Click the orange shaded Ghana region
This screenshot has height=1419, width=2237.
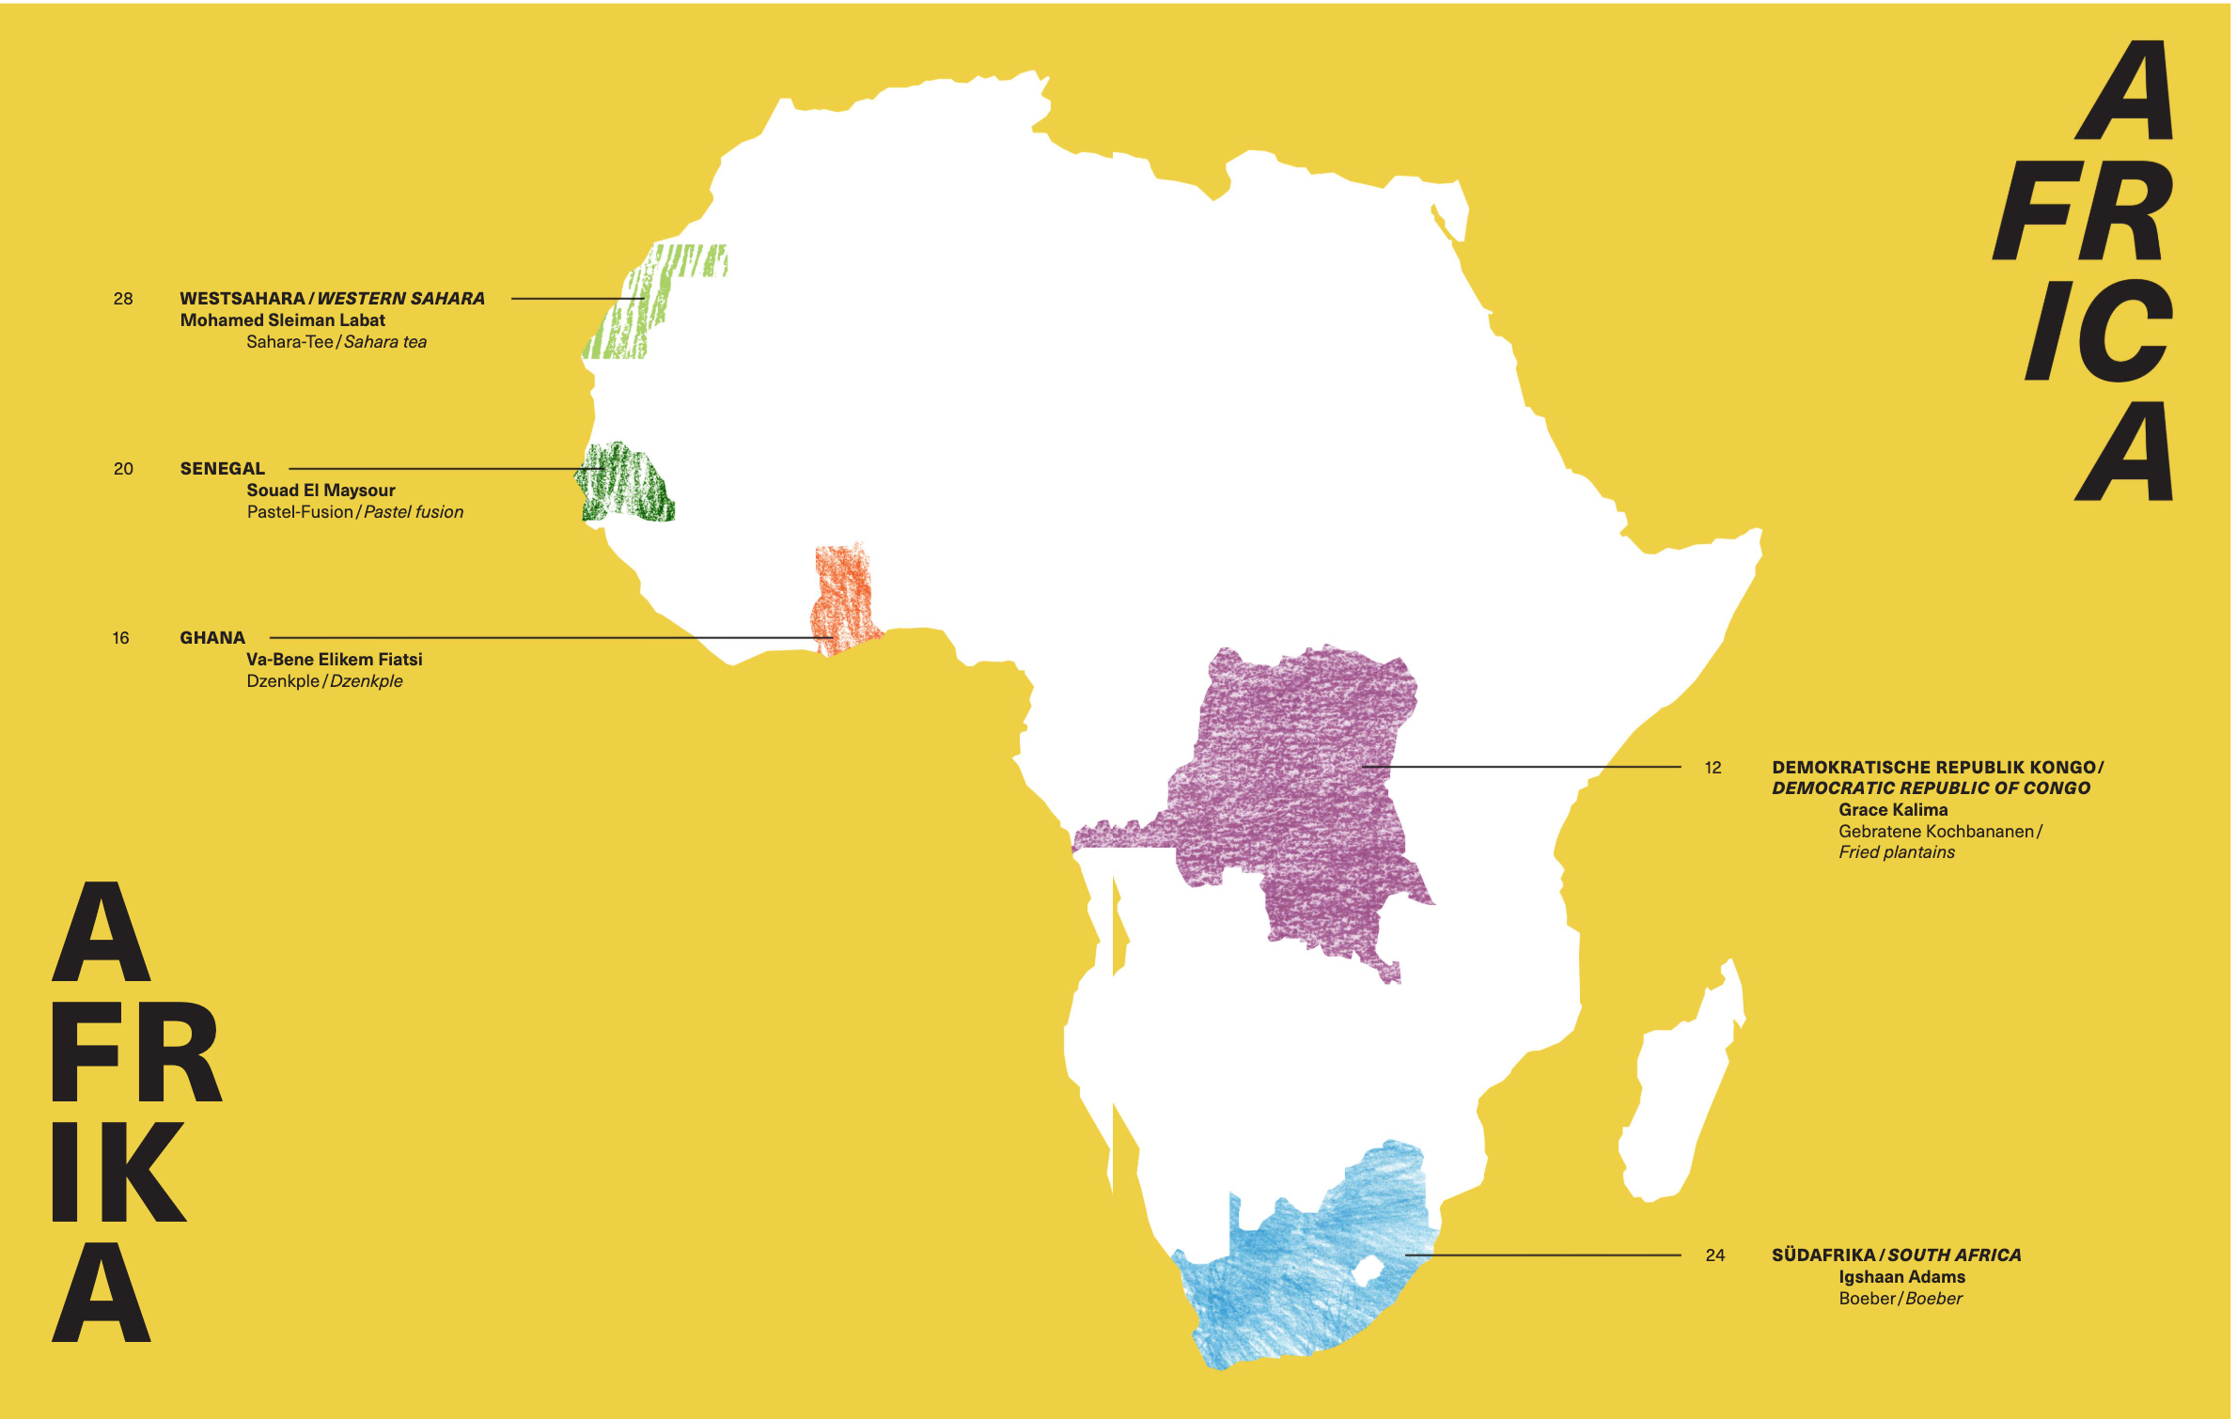tap(843, 597)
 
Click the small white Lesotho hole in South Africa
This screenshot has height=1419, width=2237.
tap(1366, 1271)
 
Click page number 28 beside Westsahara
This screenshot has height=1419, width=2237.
tap(123, 299)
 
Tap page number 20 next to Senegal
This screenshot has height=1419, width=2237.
tap(123, 469)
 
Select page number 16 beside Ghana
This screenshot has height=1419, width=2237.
tap(120, 638)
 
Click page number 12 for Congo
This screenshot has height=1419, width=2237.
tap(1713, 768)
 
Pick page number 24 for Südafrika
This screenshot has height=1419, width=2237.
tap(1714, 1255)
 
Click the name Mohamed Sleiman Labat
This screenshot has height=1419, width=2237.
tap(282, 320)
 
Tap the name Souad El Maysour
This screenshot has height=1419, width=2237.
tap(321, 491)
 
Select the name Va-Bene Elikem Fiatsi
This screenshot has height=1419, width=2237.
tap(334, 660)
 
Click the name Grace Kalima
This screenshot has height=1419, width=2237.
tap(1892, 810)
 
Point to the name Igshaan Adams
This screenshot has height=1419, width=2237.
tap(1901, 1277)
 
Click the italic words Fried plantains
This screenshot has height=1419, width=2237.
tap(1896, 852)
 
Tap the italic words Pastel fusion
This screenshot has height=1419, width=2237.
tap(414, 512)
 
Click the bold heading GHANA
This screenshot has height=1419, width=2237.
tap(212, 638)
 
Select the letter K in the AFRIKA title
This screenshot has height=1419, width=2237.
tap(141, 1173)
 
